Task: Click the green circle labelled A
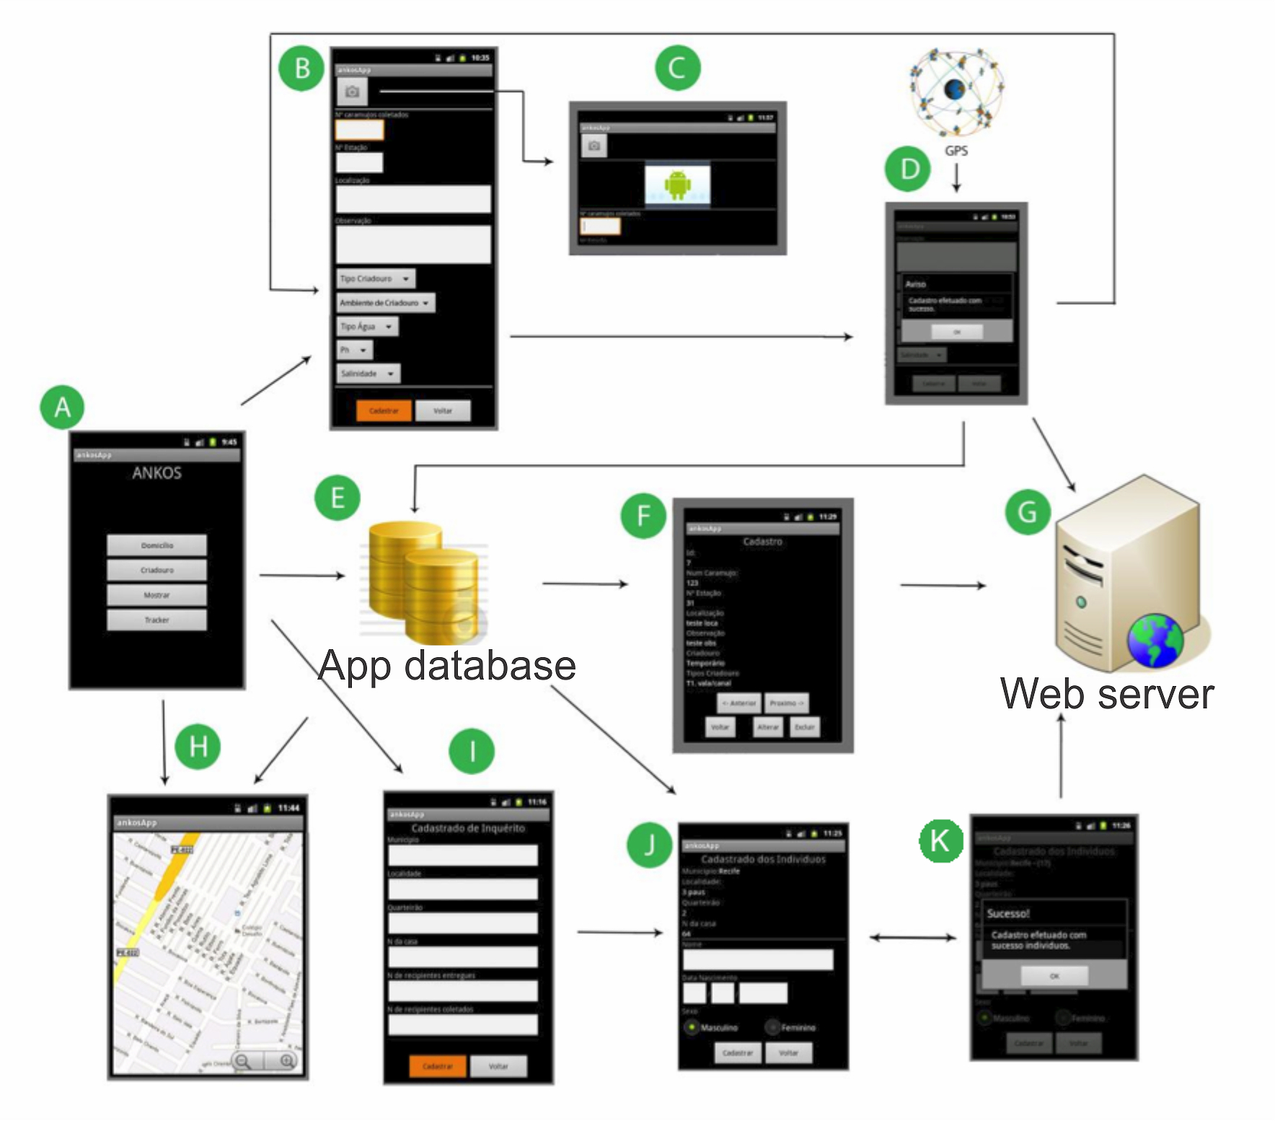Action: [62, 407]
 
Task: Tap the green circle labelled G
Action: [1027, 511]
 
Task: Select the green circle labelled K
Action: [940, 840]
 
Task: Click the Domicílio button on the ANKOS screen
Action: [156, 545]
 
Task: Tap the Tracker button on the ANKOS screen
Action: [156, 620]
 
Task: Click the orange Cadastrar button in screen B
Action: [384, 410]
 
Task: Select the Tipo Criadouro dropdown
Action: [376, 278]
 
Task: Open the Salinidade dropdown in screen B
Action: [369, 374]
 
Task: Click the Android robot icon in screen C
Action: [677, 185]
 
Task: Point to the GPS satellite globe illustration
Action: [956, 92]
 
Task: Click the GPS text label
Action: [956, 151]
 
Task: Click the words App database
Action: [447, 665]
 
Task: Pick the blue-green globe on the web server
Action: [1155, 641]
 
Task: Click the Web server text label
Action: [1107, 694]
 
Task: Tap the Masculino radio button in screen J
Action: [692, 1027]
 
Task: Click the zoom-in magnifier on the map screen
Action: [287, 1060]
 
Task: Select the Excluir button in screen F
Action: [804, 727]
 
